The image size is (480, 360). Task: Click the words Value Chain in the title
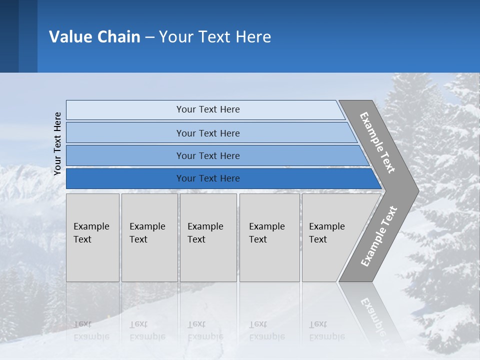pos(94,37)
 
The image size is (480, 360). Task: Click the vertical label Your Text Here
pos(57,144)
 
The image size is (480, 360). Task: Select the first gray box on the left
pos(92,237)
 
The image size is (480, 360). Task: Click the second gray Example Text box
pos(149,237)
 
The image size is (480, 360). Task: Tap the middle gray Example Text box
pos(208,237)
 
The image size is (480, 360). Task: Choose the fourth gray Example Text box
pos(269,237)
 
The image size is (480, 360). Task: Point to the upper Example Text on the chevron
pos(377,142)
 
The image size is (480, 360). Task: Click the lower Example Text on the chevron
pos(379,236)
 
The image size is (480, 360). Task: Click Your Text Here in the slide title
pos(215,37)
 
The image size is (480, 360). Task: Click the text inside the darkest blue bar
pos(208,178)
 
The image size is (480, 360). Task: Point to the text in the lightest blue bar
pos(208,109)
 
